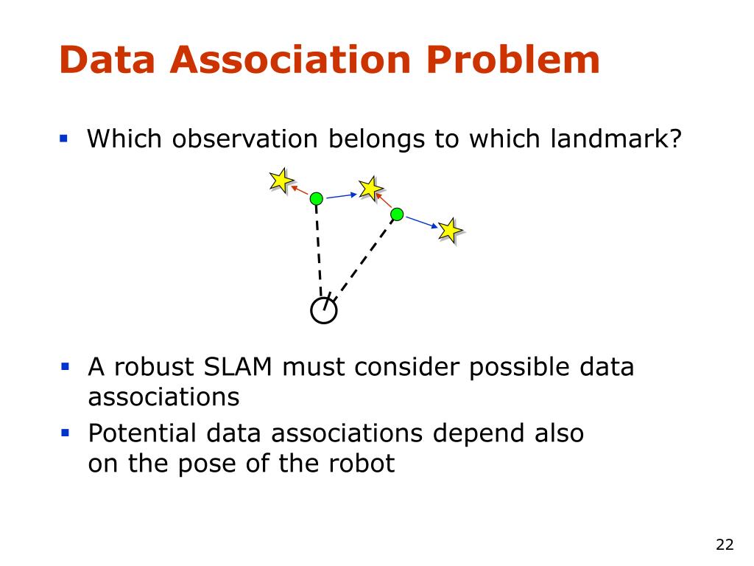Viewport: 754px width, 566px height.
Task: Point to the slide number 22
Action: [725, 545]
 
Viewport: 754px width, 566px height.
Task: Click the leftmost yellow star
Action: [281, 180]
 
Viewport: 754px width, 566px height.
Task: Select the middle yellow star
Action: [370, 188]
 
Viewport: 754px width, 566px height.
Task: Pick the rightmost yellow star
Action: [450, 231]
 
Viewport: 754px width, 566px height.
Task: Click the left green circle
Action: [317, 198]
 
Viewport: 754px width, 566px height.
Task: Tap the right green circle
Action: [397, 214]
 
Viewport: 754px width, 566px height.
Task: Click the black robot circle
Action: [324, 311]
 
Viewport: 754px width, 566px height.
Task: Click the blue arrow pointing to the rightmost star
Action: [422, 222]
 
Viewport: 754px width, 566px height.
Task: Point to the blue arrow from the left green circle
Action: [342, 195]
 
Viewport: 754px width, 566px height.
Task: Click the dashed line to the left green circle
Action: [320, 251]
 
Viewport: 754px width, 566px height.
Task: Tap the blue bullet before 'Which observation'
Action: [64, 138]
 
